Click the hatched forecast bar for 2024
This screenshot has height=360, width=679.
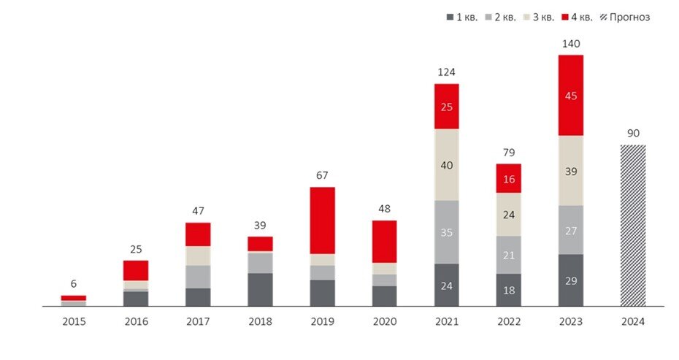pos(633,225)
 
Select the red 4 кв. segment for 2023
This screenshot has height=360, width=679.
pos(571,95)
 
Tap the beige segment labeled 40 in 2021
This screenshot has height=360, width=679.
pos(447,164)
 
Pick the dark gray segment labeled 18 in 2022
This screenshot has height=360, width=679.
pos(509,290)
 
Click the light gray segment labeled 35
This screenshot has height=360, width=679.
pos(447,232)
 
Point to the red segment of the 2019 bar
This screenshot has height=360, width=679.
pos(323,220)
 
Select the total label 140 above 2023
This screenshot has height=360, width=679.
pos(571,44)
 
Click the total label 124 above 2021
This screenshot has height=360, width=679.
pos(447,72)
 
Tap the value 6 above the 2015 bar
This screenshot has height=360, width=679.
pos(74,284)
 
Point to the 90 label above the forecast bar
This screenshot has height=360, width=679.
pos(633,134)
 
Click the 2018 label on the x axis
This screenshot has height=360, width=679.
pos(260,321)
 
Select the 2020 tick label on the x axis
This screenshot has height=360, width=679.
pos(385,321)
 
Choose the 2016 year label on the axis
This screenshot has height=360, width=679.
pos(136,321)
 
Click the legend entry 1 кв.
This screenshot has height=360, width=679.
pos(461,17)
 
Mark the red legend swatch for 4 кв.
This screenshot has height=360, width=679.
pos(566,17)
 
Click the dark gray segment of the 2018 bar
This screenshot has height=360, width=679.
pos(260,289)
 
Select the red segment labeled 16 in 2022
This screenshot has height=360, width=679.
pos(509,177)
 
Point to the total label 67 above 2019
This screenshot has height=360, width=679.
pos(323,175)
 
